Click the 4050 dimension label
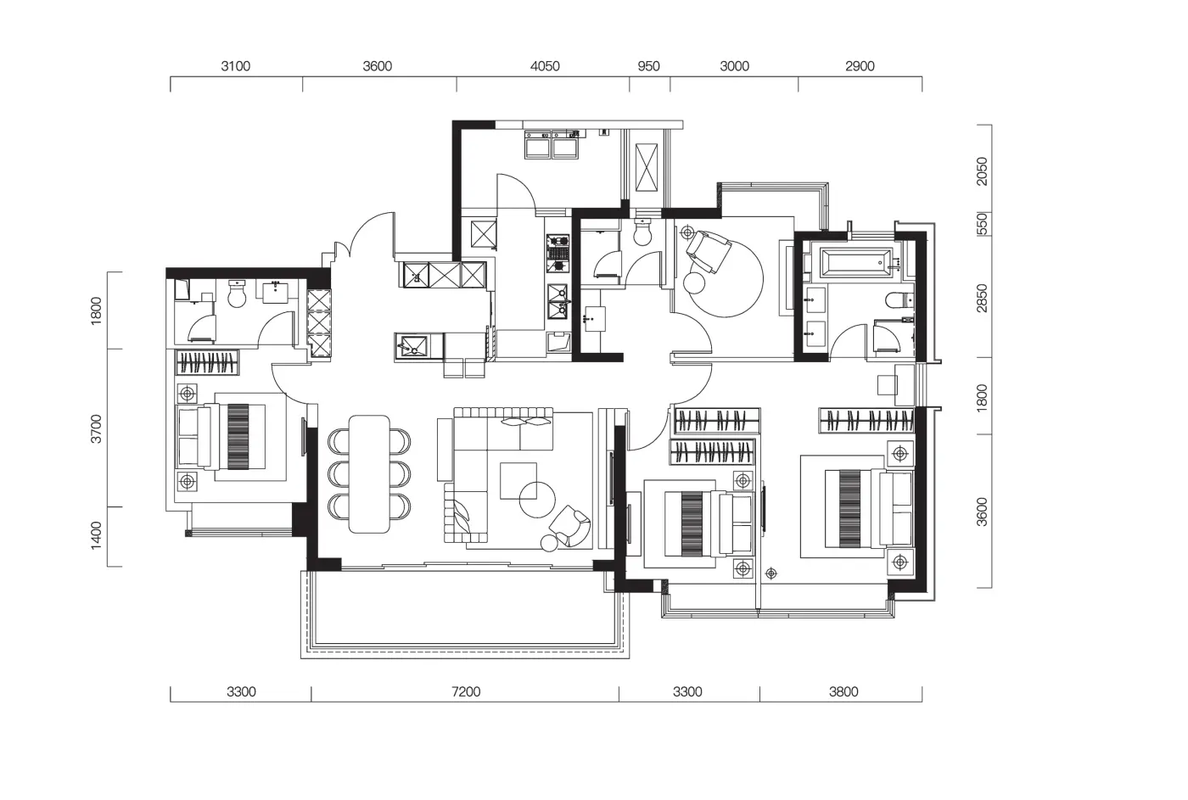pos(545,66)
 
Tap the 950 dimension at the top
pos(648,66)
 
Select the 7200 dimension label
pos(466,692)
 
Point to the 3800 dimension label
pos(843,692)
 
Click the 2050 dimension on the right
pos(983,171)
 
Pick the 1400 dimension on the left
pos(95,535)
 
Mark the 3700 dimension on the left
pos(95,429)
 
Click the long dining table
pos(369,474)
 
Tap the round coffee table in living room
pos(536,500)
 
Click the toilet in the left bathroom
pos(237,294)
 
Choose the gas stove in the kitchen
pos(558,254)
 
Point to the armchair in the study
pos(708,251)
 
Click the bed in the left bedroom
pos(221,436)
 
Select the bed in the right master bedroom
pos(868,508)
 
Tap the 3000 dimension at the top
pos(734,66)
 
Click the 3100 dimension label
pos(236,66)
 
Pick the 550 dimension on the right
pos(983,224)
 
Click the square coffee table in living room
pos(518,480)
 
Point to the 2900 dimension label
pos(860,66)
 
